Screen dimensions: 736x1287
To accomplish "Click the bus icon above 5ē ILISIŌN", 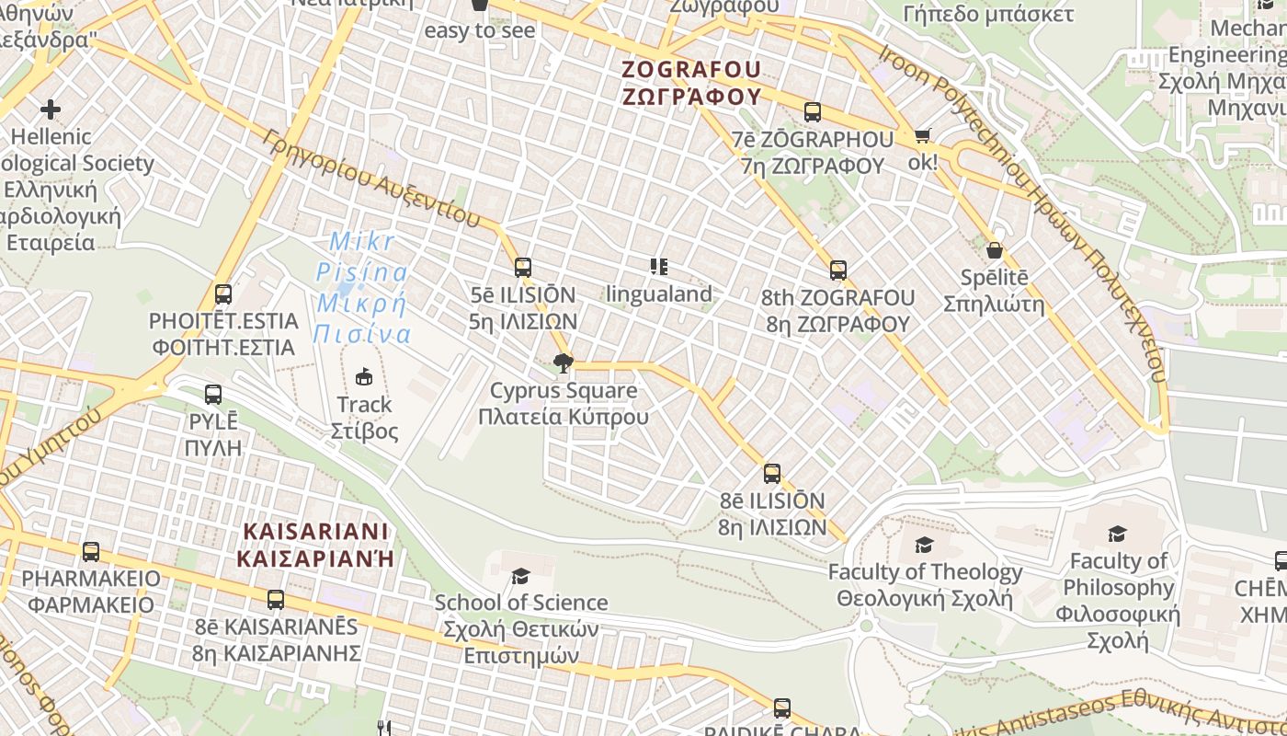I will pyautogui.click(x=523, y=268).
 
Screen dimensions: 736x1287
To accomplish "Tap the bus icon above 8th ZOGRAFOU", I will pyautogui.click(x=837, y=270).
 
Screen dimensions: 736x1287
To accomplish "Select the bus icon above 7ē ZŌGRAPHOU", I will pyautogui.click(x=812, y=112).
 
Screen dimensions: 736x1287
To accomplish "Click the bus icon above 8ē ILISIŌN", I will pyautogui.click(x=772, y=474).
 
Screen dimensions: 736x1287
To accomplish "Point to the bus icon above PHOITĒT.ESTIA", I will pyautogui.click(x=223, y=294).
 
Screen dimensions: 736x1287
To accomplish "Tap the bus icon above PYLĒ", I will pyautogui.click(x=213, y=395).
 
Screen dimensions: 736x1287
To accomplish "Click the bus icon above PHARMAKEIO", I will pyautogui.click(x=91, y=552).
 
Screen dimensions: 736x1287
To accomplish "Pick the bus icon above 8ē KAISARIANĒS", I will pyautogui.click(x=276, y=600).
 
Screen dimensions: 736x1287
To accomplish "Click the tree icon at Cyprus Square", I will pyautogui.click(x=564, y=363).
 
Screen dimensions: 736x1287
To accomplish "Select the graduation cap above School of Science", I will pyautogui.click(x=520, y=576).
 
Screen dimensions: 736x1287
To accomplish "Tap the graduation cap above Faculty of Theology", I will pyautogui.click(x=925, y=545).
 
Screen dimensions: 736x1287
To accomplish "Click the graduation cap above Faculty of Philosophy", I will pyautogui.click(x=1118, y=534).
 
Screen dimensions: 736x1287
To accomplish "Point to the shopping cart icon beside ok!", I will pyautogui.click(x=922, y=136).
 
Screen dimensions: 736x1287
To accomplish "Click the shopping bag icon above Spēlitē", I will pyautogui.click(x=994, y=250).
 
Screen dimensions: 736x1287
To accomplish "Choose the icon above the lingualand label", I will pyautogui.click(x=658, y=267).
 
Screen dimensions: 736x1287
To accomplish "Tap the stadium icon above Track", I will pyautogui.click(x=364, y=376).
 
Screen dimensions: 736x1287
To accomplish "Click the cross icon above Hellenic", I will pyautogui.click(x=51, y=109).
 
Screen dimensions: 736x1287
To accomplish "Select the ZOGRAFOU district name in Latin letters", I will pyautogui.click(x=691, y=70).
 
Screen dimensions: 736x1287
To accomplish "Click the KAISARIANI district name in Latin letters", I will pyautogui.click(x=315, y=532).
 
